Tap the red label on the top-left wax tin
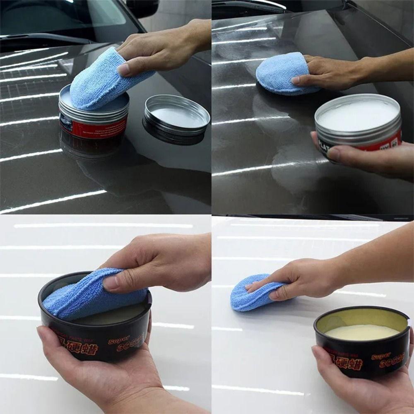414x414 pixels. click(93, 126)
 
